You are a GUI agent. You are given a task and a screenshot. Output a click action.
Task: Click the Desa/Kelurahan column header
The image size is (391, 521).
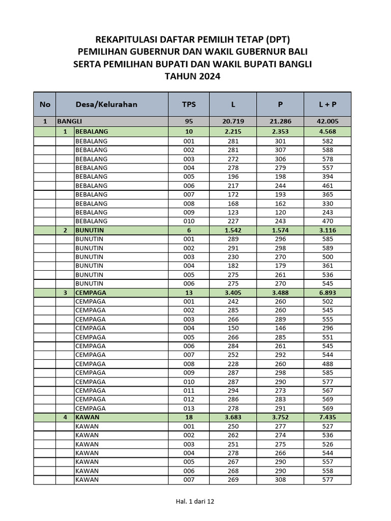click(x=106, y=104)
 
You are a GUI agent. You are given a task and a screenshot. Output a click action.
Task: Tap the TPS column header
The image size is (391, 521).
click(x=189, y=104)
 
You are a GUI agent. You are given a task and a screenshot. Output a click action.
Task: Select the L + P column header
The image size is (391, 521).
click(x=327, y=104)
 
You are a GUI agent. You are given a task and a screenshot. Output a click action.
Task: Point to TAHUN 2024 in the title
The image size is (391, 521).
click(x=193, y=77)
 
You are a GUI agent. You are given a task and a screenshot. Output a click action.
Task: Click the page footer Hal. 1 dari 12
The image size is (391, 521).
click(x=195, y=501)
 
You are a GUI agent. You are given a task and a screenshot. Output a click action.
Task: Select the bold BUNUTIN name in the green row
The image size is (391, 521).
click(x=90, y=230)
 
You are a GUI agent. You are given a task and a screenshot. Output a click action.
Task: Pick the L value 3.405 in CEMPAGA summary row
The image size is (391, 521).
click(x=233, y=293)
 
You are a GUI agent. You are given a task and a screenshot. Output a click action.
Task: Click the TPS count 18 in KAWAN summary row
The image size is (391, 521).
click(x=189, y=417)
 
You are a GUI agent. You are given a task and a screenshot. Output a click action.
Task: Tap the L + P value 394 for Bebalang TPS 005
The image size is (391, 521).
click(x=327, y=177)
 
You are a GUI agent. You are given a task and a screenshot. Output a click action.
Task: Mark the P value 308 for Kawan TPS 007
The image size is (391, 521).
click(x=280, y=479)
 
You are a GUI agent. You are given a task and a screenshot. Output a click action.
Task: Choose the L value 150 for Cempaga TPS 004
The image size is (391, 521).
click(x=233, y=328)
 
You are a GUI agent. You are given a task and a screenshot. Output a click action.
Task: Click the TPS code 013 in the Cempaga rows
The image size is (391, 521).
click(x=189, y=408)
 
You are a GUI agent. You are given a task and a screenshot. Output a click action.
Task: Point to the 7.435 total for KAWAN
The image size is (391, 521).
click(x=327, y=417)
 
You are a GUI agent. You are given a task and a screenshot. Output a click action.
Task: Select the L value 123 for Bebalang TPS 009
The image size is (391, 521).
click(x=233, y=212)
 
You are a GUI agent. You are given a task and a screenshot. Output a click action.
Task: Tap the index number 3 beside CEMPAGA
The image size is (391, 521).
click(x=65, y=293)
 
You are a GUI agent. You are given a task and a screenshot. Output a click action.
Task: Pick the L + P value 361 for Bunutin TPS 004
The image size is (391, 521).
click(x=327, y=266)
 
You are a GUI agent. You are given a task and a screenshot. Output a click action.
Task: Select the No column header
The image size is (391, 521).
click(x=45, y=104)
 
